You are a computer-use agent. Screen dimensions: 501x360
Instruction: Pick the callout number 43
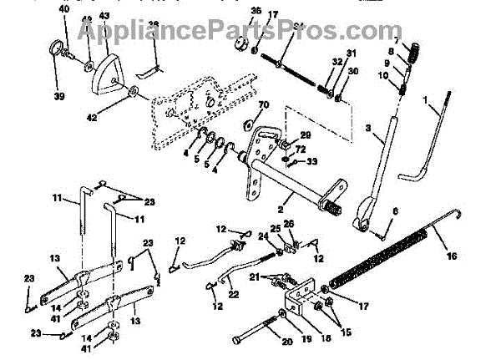(104, 17)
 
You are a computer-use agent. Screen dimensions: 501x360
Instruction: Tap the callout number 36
(255, 11)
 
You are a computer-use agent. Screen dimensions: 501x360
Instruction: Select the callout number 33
(311, 161)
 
